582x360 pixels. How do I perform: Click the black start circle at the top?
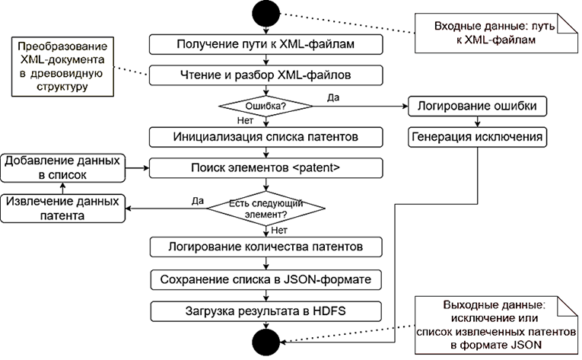pos(266,13)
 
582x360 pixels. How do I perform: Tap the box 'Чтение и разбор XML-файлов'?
pos(266,75)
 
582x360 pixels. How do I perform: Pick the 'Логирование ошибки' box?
pos(477,106)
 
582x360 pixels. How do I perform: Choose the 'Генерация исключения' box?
pos(477,138)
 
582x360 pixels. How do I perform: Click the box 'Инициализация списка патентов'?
pos(266,138)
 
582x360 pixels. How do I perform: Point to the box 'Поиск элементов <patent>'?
pos(266,165)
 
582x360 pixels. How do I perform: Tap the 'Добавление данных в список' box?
pos(62,167)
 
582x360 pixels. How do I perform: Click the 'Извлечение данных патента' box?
pos(62,208)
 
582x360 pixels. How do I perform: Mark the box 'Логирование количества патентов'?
pos(266,247)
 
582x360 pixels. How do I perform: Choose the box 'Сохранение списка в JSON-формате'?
pos(266,279)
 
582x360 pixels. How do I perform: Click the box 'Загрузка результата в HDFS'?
pos(266,311)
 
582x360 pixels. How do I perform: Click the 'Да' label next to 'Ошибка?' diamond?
pos(332,97)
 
